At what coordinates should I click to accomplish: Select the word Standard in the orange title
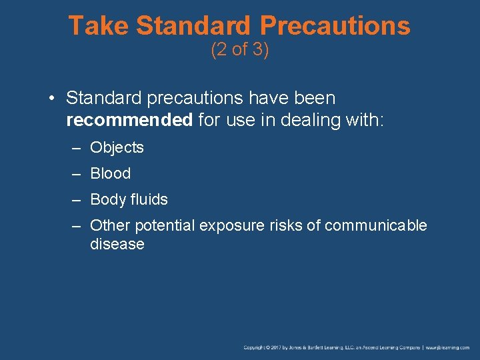[193, 26]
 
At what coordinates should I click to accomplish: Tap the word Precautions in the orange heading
[335, 26]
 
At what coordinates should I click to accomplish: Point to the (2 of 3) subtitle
[240, 50]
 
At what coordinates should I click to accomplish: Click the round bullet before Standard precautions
[51, 99]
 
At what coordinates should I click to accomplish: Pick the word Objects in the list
[117, 147]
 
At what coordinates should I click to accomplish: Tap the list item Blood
[110, 173]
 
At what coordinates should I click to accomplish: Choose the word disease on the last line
[117, 244]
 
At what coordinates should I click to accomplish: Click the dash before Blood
[77, 173]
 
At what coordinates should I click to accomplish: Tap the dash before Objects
[77, 147]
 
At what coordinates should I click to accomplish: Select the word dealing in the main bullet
[309, 121]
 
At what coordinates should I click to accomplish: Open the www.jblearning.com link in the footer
[448, 347]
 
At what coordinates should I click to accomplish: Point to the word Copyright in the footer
[255, 347]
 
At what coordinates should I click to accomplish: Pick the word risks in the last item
[289, 225]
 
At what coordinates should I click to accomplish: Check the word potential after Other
[162, 225]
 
